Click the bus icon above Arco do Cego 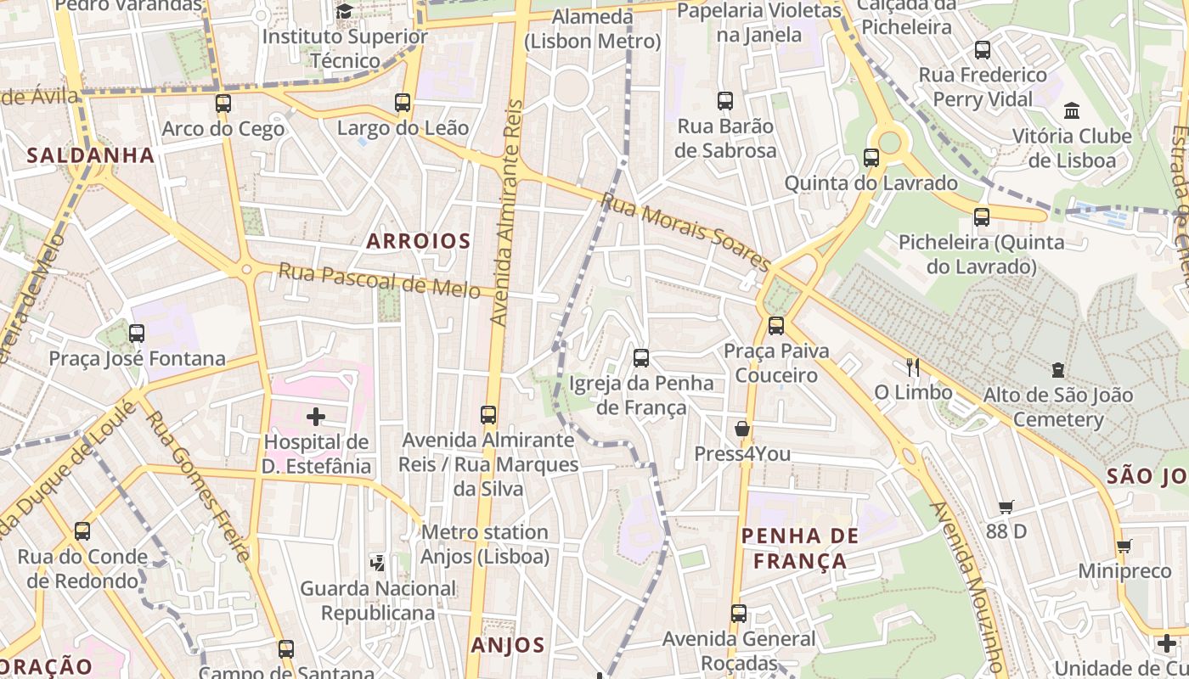click(x=223, y=104)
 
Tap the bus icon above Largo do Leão click(x=403, y=103)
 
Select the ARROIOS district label click(x=418, y=241)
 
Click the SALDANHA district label click(x=91, y=155)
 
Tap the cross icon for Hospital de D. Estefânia click(x=316, y=417)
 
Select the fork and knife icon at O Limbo click(x=913, y=367)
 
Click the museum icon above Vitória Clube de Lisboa click(x=1072, y=111)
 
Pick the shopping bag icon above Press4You click(x=742, y=429)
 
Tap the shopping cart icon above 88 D click(x=1006, y=508)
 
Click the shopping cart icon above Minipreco click(x=1124, y=547)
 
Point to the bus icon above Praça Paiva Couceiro click(x=775, y=325)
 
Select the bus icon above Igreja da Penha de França click(x=641, y=358)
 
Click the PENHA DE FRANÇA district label click(x=800, y=548)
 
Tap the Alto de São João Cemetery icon click(x=1057, y=370)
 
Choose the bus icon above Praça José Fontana click(x=137, y=334)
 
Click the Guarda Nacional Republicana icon click(x=378, y=563)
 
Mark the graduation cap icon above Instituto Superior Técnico click(x=344, y=11)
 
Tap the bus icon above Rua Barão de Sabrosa click(x=725, y=101)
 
